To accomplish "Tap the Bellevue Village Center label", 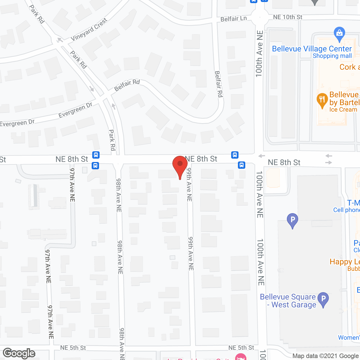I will [312, 49].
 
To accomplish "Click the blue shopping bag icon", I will [339, 33].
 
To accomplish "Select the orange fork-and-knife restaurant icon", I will [322, 100].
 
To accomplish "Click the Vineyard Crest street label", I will [89, 30].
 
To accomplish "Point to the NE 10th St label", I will [287, 17].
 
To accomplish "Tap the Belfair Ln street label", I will [233, 19].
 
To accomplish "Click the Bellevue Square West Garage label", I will [288, 301].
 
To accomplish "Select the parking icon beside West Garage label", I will [323, 299].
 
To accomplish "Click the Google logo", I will [19, 353].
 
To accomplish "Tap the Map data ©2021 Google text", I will [325, 356].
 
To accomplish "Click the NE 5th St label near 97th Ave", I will [73, 348].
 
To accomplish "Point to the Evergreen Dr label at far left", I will [17, 123].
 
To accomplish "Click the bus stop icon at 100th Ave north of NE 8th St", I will [235, 155].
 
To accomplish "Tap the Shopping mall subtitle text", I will [332, 56].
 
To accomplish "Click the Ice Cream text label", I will [343, 110].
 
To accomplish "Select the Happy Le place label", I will [345, 262].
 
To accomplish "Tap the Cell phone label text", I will [346, 210].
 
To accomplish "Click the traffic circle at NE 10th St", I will [260, 17].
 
